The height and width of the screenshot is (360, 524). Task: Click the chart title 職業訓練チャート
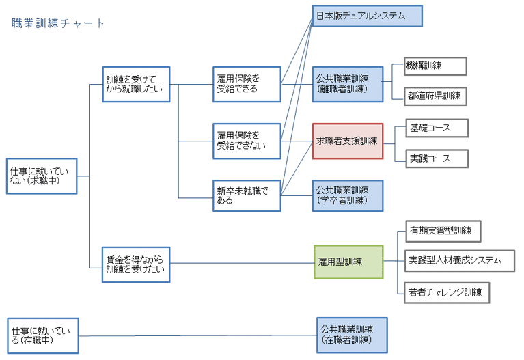coord(59,23)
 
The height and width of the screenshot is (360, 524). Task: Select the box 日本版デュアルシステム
coord(367,16)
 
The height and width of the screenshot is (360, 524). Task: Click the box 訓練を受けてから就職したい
coord(135,84)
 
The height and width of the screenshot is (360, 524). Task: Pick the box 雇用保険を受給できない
coord(247,141)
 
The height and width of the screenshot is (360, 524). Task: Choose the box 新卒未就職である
coord(247,195)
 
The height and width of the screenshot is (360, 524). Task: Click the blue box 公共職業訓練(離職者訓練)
coord(347,84)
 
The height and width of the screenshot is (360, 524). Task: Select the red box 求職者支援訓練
coord(347,141)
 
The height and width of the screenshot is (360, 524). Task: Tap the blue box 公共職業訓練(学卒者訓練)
coord(347,195)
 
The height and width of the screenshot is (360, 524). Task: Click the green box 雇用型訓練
coord(348,262)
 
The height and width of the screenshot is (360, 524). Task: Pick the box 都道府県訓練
coord(435,96)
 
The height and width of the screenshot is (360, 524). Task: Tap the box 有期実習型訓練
coord(443,230)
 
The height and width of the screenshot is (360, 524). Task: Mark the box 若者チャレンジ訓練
coord(447,292)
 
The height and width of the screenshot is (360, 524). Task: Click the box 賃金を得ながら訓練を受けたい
coord(135,264)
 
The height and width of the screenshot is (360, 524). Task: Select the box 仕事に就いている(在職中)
coord(43,335)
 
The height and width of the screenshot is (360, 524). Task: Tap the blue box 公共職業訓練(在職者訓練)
coord(352,334)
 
